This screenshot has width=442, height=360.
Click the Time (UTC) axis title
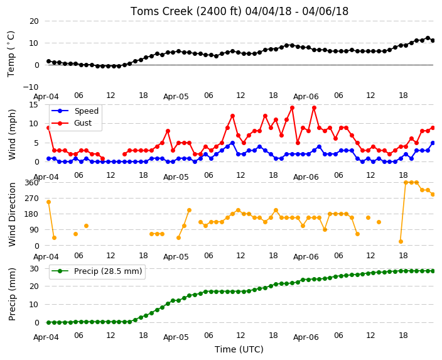point(239,349)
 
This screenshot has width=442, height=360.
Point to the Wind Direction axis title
point(12,214)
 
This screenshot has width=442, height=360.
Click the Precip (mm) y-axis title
point(12,294)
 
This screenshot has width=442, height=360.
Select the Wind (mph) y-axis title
point(12,134)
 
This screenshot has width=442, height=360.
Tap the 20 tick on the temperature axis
point(34,21)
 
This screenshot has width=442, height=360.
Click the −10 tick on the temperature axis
point(31,87)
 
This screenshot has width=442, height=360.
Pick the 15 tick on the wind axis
point(34,105)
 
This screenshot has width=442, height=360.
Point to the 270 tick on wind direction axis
point(32,199)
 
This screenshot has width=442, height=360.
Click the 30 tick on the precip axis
point(34,268)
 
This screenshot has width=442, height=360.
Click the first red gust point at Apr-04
point(48,128)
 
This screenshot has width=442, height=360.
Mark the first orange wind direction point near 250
point(48,202)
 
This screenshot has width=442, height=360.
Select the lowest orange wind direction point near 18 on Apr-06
point(401,241)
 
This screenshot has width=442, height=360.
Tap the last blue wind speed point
point(433,143)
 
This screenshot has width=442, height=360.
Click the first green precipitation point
point(48,322)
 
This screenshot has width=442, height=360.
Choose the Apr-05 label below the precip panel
point(176,337)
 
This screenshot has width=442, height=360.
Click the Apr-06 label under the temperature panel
point(306,97)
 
